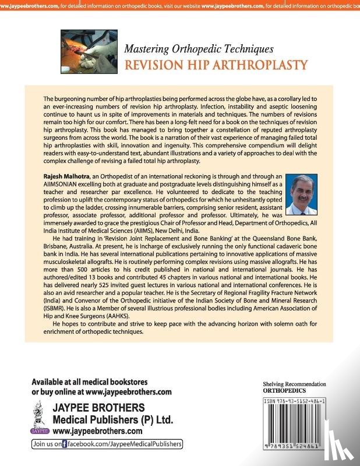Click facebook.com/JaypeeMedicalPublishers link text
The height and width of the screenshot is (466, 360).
[125, 444]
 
